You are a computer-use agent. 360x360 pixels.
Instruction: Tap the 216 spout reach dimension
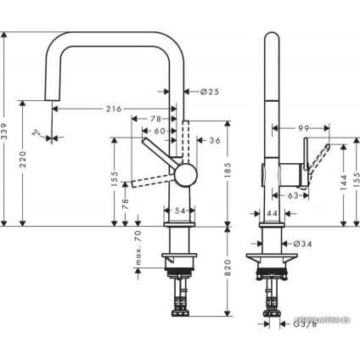pos(114,109)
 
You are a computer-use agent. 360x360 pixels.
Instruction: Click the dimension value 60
pos(160,131)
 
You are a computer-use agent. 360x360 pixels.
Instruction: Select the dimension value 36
pos(214,140)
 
